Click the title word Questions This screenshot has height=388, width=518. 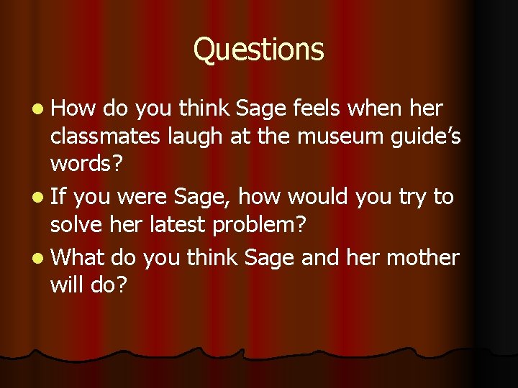pos(259,50)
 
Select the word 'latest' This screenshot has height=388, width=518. pos(180,224)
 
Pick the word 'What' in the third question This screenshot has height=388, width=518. pos(78,257)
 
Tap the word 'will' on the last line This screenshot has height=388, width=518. pos(65,285)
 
